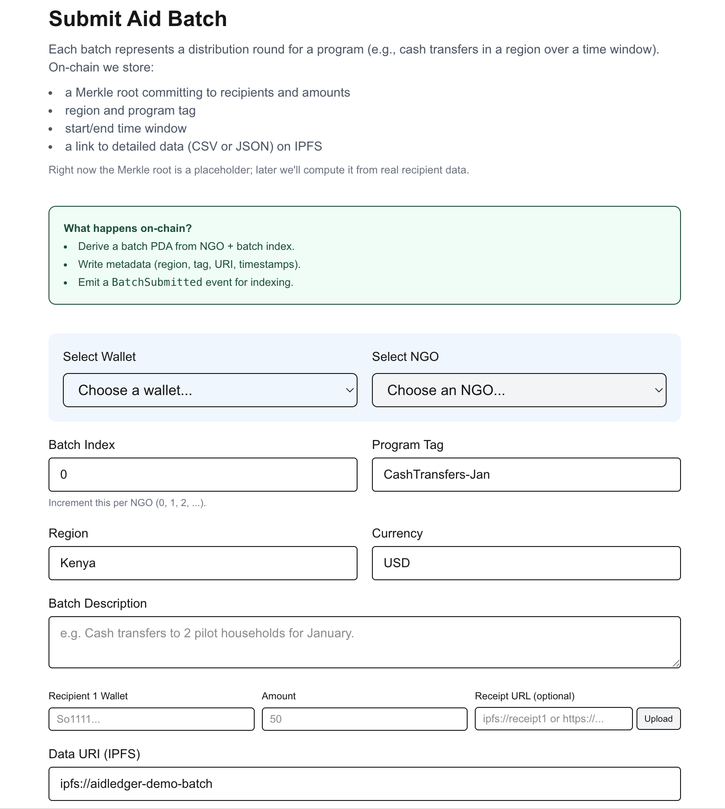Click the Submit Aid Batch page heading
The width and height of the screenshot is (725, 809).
[137, 19]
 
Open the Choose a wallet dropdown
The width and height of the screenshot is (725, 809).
[210, 390]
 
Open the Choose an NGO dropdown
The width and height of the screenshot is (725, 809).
[519, 390]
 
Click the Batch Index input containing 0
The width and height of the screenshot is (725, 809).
[203, 475]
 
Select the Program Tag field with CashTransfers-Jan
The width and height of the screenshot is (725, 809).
[526, 475]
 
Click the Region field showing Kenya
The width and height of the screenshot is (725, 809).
[203, 563]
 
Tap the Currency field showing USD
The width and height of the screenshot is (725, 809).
[526, 563]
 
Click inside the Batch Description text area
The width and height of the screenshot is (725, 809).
[364, 642]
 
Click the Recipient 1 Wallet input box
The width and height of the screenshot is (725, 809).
[151, 719]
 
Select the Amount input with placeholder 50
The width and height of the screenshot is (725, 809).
[364, 719]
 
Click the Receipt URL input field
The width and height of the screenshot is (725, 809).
[553, 719]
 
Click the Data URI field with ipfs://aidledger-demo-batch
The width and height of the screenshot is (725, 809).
[364, 784]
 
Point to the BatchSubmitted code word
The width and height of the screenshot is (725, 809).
[157, 282]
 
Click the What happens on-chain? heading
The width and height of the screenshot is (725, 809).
[128, 228]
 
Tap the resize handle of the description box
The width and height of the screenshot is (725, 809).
[676, 663]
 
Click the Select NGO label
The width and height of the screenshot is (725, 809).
[405, 357]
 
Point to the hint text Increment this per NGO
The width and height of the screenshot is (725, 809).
[127, 503]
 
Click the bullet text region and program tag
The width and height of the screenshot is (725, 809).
[130, 111]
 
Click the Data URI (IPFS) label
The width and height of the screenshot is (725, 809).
[94, 754]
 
